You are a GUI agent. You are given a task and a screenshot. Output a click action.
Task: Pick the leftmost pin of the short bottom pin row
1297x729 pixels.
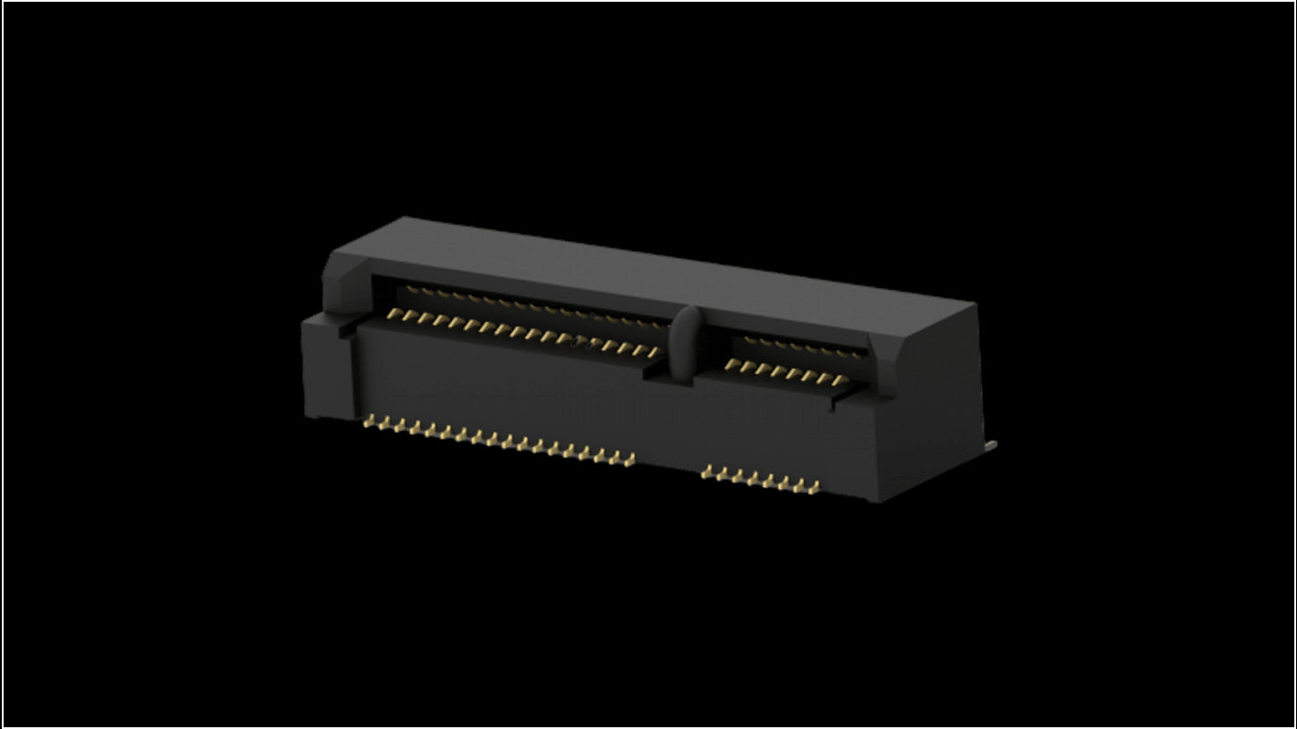[x=708, y=472]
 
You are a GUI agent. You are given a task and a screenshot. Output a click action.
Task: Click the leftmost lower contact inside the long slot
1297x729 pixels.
[x=394, y=314]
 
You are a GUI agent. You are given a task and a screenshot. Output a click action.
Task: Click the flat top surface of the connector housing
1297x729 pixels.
[x=639, y=265]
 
